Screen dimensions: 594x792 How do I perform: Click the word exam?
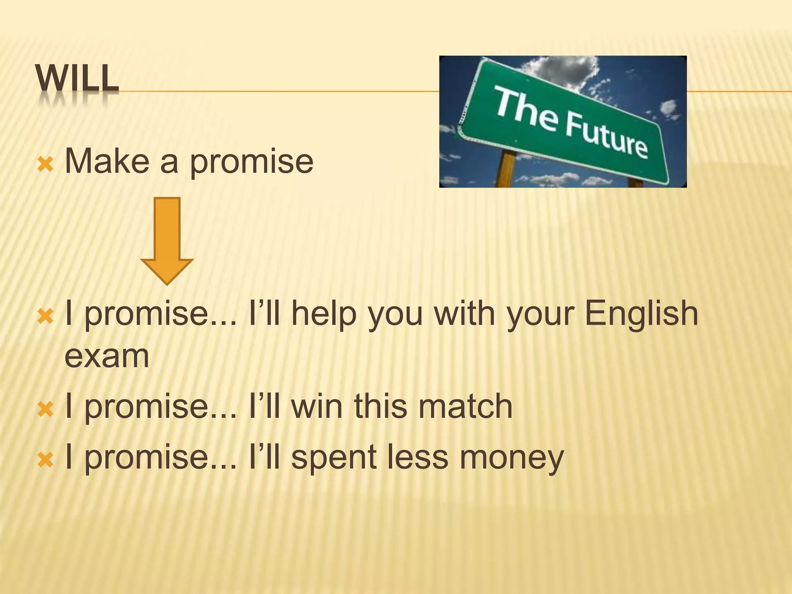pos(107,356)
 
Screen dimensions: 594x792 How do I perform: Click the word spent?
pos(334,457)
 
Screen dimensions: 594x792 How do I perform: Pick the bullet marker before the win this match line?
pos(45,409)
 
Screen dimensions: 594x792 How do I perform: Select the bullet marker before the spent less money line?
pos(45,460)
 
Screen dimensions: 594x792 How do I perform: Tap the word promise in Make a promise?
pos(251,162)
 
